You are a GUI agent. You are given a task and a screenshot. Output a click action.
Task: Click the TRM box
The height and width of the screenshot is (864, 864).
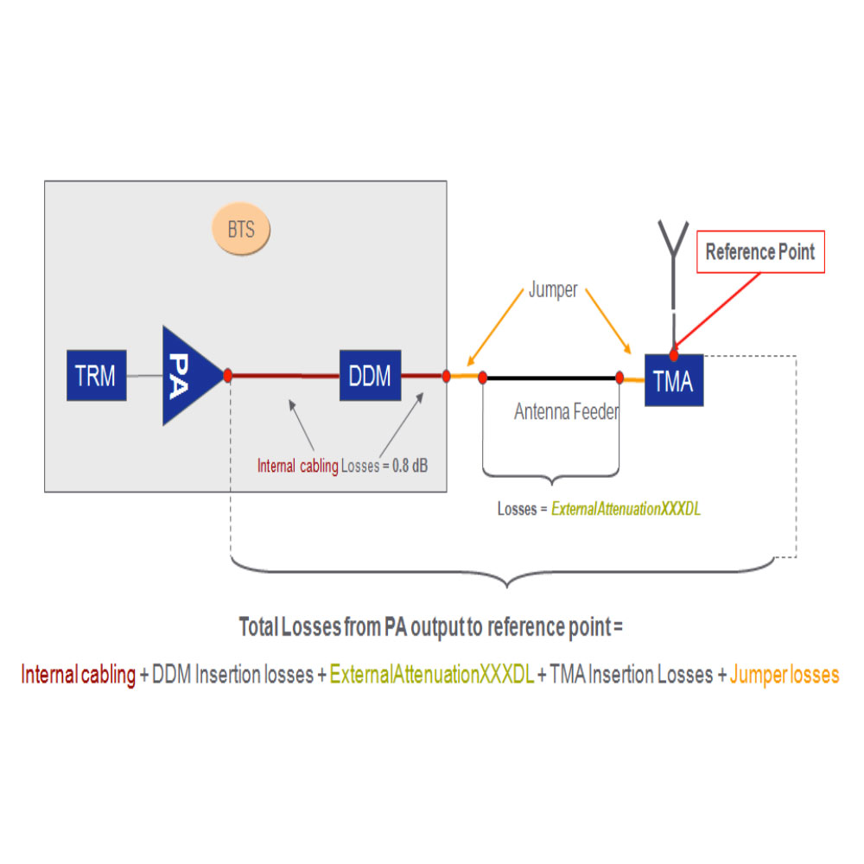click(97, 375)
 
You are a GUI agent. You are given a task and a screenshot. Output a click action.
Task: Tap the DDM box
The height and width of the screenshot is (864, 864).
click(371, 375)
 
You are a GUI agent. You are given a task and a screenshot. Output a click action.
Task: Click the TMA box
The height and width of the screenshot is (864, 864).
click(674, 380)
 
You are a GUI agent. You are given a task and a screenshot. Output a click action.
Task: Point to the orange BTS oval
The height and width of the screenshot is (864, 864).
click(241, 229)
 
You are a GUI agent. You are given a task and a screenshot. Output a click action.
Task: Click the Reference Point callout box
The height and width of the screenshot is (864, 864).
click(760, 251)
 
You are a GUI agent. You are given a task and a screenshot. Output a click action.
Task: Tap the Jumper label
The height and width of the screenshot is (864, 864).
click(553, 289)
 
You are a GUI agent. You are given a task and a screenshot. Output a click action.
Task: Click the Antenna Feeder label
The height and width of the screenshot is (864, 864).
click(567, 411)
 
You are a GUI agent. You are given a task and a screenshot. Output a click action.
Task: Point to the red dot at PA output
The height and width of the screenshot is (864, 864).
click(227, 376)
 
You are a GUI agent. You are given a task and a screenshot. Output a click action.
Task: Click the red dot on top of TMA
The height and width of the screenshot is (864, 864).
click(674, 355)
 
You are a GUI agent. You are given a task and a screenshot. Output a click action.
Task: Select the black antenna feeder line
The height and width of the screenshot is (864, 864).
click(551, 378)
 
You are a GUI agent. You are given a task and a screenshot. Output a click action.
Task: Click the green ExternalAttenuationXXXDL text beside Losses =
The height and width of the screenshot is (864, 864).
click(626, 509)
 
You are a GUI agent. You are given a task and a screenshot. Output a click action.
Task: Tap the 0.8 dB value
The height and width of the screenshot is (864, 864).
click(410, 466)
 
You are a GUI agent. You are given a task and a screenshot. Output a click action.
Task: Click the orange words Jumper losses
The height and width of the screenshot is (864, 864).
click(785, 675)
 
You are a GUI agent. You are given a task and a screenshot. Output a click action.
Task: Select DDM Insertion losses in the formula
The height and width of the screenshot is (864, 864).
click(232, 675)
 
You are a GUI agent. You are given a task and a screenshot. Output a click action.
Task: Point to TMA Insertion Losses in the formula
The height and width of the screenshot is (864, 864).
click(631, 675)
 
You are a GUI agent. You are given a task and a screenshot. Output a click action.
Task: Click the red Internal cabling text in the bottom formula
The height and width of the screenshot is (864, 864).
click(79, 675)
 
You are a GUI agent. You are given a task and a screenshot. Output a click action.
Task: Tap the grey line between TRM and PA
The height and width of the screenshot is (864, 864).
click(144, 376)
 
